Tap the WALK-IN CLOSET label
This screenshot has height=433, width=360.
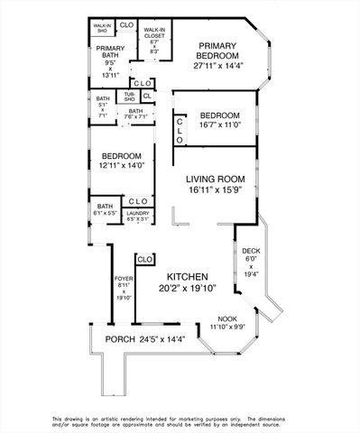pos(152,32)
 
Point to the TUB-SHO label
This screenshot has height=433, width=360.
pos(129,97)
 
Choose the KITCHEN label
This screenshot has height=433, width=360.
pos(188,276)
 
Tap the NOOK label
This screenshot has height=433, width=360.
pos(228,318)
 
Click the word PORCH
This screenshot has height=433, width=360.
pos(119,339)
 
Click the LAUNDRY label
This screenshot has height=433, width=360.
pos(137,213)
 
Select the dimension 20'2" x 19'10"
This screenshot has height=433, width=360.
pos(188,289)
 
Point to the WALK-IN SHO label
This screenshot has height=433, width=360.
pos(104,28)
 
